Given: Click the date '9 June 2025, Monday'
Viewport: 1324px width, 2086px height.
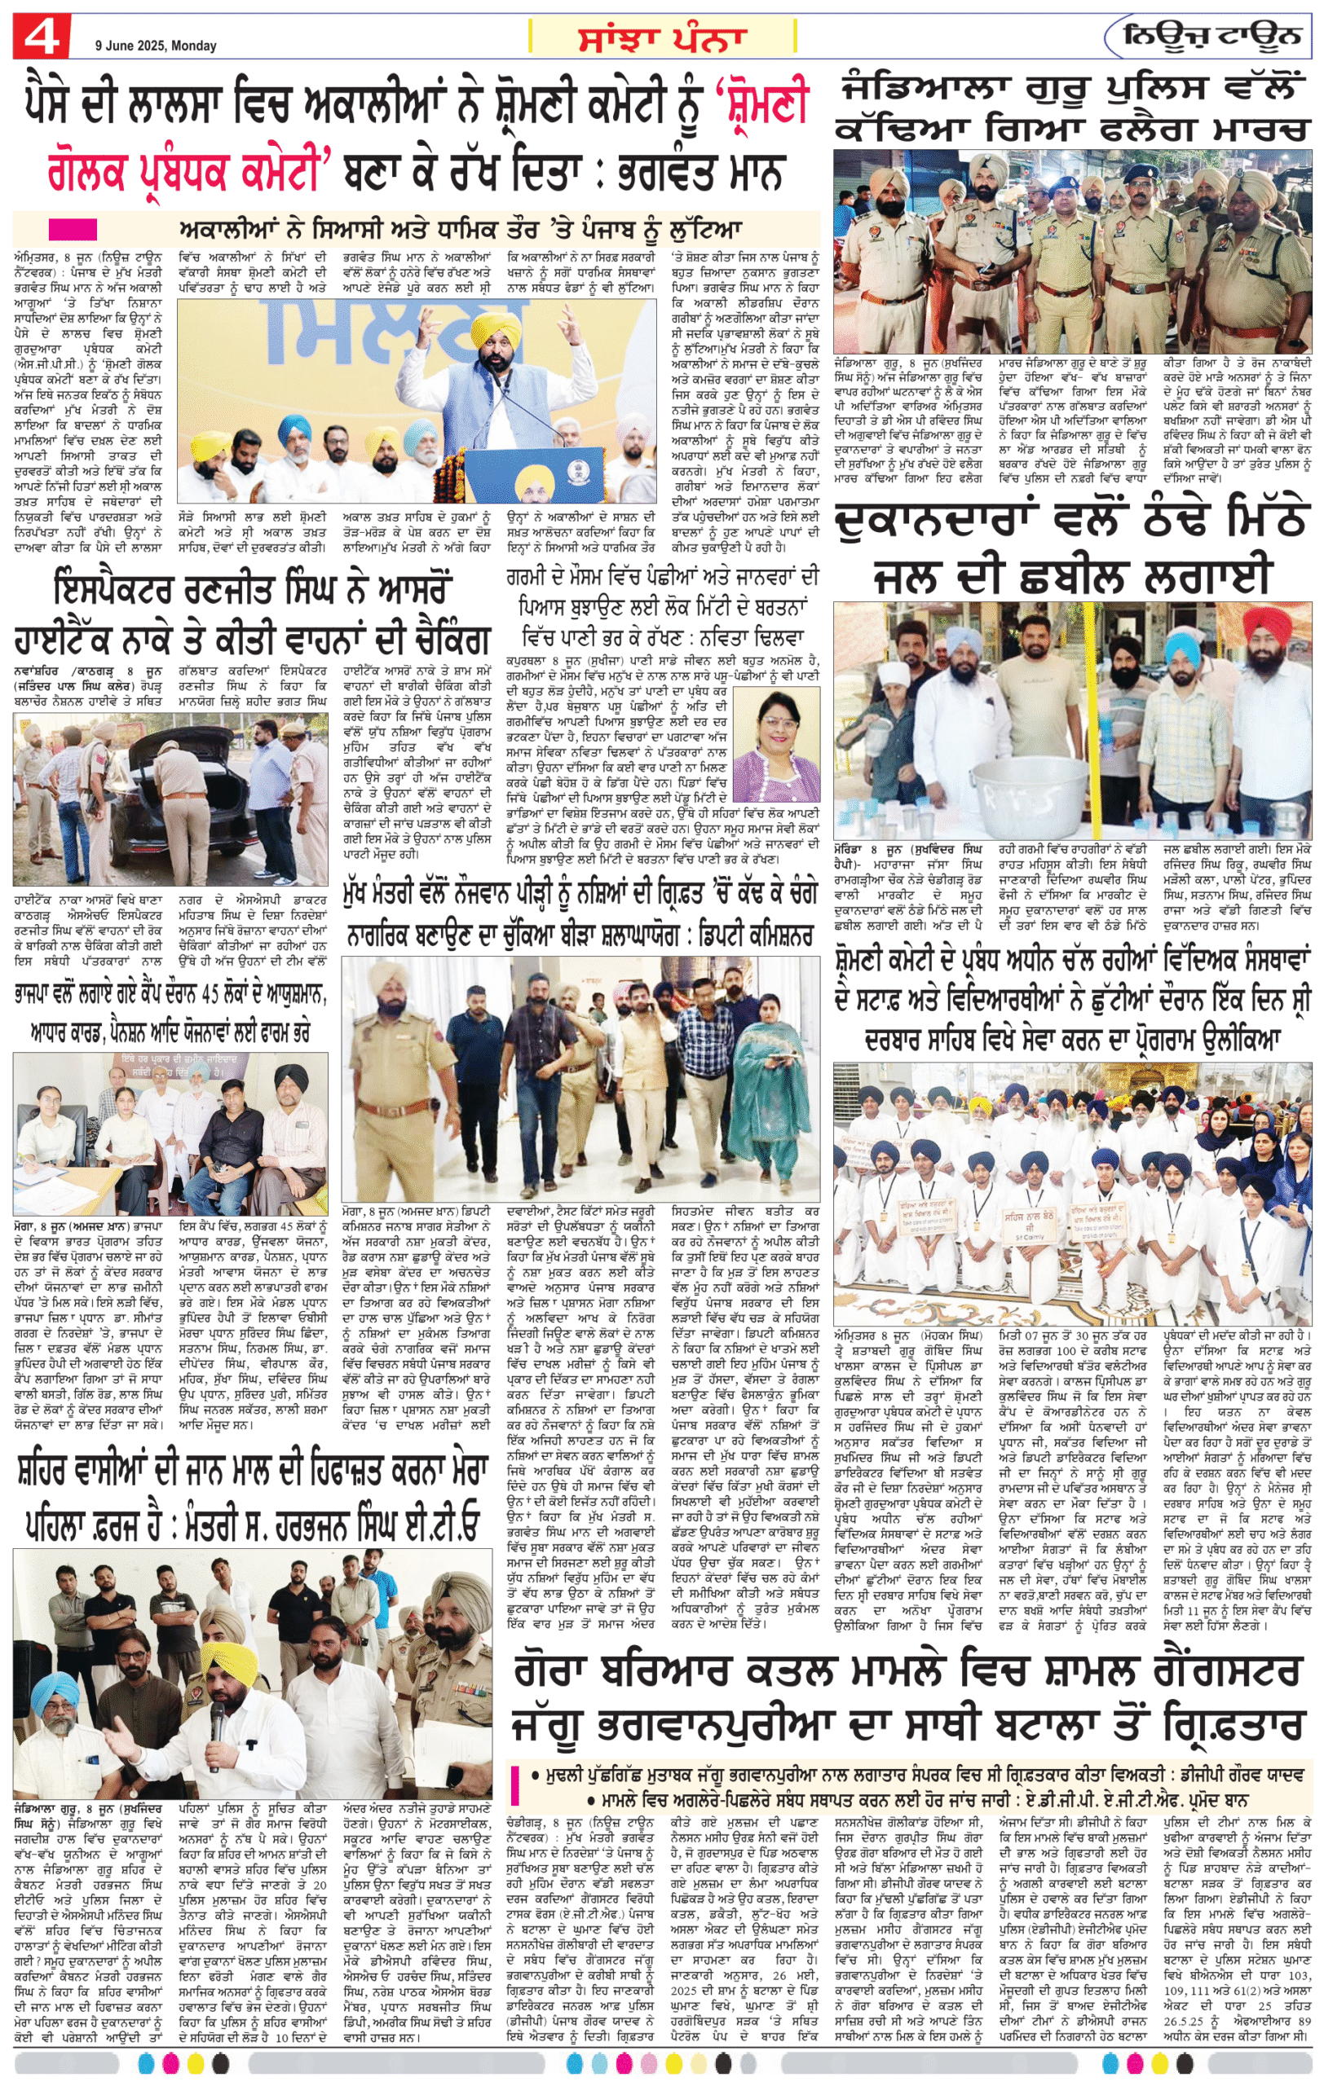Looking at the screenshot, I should coord(156,46).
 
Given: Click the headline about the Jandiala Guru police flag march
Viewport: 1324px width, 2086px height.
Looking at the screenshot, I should coord(1072,108).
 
